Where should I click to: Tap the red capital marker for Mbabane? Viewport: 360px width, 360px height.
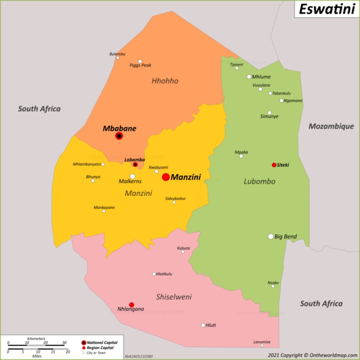point(119,136)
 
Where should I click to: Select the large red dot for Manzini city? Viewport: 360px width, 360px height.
point(166,177)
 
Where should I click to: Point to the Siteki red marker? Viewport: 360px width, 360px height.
point(274,165)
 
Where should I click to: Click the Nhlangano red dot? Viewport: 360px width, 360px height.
point(131,305)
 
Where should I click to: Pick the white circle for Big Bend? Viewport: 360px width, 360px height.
point(271,236)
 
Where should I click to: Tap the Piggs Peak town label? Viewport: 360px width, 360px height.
point(140,65)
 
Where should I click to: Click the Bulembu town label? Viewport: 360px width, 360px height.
point(117,54)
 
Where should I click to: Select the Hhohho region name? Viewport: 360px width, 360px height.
point(165,81)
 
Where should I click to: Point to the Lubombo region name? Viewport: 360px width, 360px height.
point(259,182)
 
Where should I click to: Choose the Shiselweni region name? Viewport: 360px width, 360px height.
point(174,297)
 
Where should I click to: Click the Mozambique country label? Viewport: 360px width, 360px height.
point(331,126)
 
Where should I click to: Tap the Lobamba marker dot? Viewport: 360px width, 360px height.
point(135,165)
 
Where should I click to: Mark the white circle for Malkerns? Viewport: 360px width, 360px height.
point(132,176)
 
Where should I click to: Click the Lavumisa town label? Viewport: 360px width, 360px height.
point(262,342)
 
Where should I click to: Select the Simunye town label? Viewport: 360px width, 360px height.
point(269,117)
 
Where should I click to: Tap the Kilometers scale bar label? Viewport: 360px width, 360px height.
point(36,338)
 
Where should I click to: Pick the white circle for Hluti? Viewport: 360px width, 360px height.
point(203,325)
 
